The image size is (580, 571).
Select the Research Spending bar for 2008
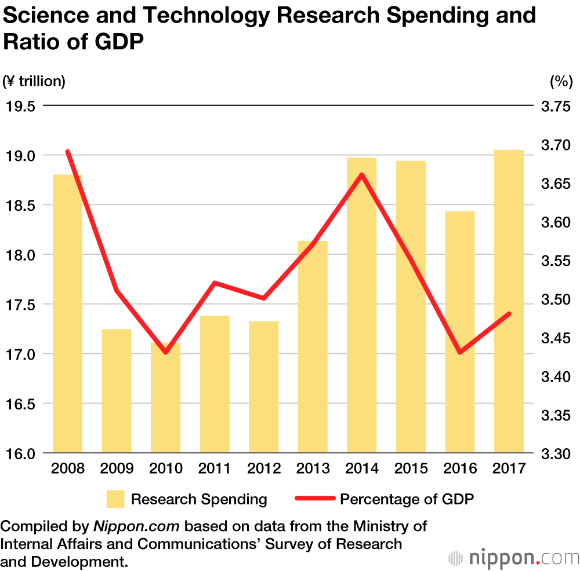[x=68, y=313]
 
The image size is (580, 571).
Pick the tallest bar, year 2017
[x=509, y=301]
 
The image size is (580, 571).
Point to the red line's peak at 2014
[x=361, y=174]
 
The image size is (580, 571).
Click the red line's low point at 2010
[x=166, y=352]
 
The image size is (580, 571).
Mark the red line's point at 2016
[x=460, y=352]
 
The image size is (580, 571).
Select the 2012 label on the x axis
[x=264, y=468]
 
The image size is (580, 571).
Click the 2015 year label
[x=411, y=468]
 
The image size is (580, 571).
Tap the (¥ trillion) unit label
[x=34, y=82]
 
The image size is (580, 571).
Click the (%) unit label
[x=561, y=82]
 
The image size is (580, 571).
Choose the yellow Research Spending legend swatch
[x=115, y=499]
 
